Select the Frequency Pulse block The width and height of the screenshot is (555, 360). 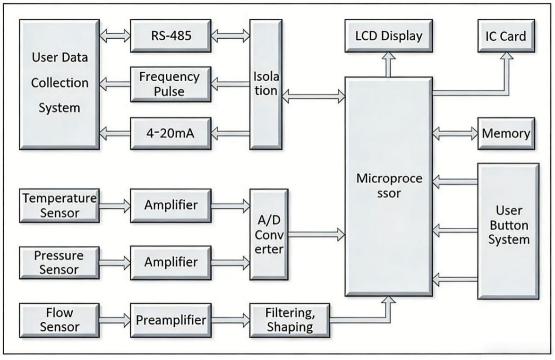170,84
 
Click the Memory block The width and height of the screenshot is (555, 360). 505,133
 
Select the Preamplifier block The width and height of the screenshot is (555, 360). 171,320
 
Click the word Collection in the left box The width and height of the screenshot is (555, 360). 59,83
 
